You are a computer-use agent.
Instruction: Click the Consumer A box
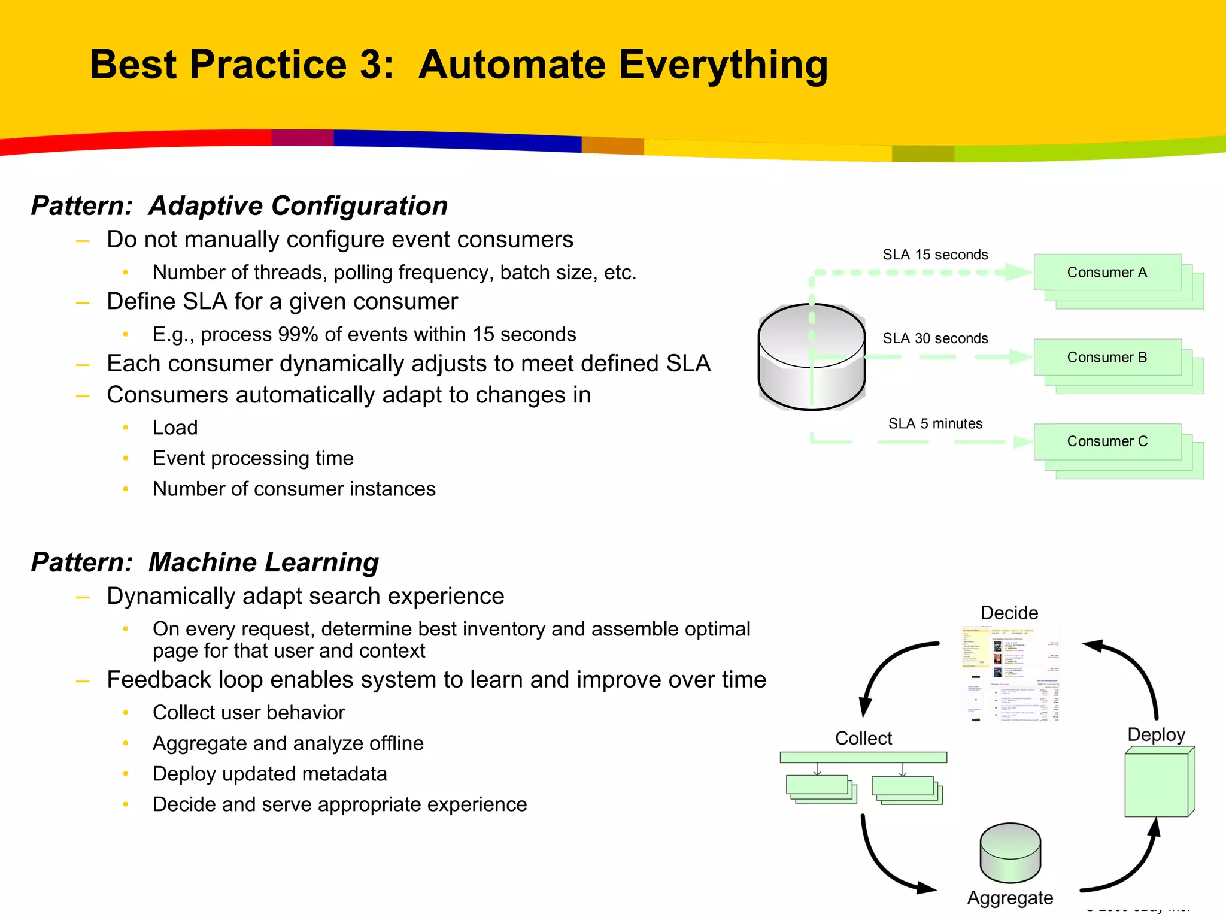[1107, 273]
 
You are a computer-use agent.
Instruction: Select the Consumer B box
[1107, 358]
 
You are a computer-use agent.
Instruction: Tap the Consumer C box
[1107, 442]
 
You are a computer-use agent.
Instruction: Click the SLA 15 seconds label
[935, 255]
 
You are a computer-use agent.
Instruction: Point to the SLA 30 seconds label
[935, 338]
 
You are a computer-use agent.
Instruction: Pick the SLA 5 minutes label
[935, 423]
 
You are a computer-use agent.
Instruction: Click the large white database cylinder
[811, 359]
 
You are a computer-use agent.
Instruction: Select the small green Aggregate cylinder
[1010, 854]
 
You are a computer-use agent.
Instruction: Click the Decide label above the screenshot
[1009, 613]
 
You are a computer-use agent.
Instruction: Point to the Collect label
[863, 738]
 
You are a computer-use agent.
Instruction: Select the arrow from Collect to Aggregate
[880, 862]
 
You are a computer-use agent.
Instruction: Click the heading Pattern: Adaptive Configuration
[239, 206]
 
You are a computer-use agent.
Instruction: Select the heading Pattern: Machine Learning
[205, 562]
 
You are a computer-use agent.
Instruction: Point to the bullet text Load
[175, 428]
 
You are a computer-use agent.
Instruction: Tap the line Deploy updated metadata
[269, 774]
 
